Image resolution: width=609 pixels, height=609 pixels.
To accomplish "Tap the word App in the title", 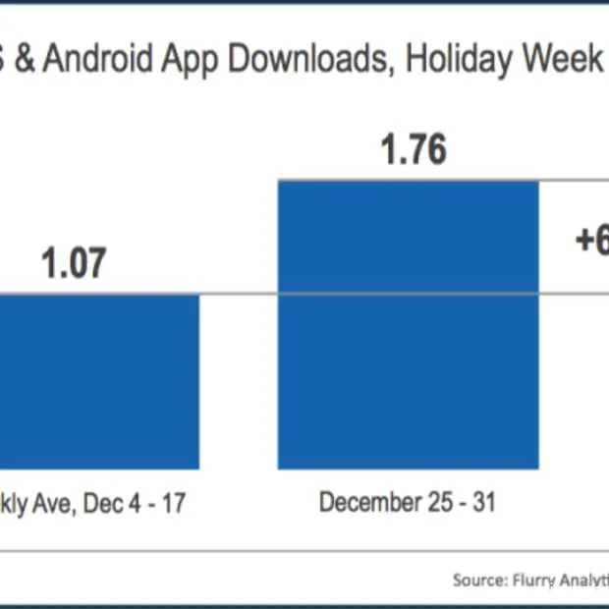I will coord(197,62).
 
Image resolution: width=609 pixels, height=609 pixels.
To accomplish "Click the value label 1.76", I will coord(413,150).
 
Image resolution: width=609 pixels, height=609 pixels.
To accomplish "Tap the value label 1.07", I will coord(73,264).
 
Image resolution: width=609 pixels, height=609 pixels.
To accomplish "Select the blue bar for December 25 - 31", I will coord(409,324).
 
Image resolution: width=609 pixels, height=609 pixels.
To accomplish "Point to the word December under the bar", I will coord(363,504).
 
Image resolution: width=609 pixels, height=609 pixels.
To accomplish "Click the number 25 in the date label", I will coord(427,504).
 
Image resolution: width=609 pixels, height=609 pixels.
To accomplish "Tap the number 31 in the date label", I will coord(480,504).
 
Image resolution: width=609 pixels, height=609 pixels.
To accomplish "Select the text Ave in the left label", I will coord(54,504).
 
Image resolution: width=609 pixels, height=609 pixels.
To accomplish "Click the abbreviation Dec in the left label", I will coord(99,504).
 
